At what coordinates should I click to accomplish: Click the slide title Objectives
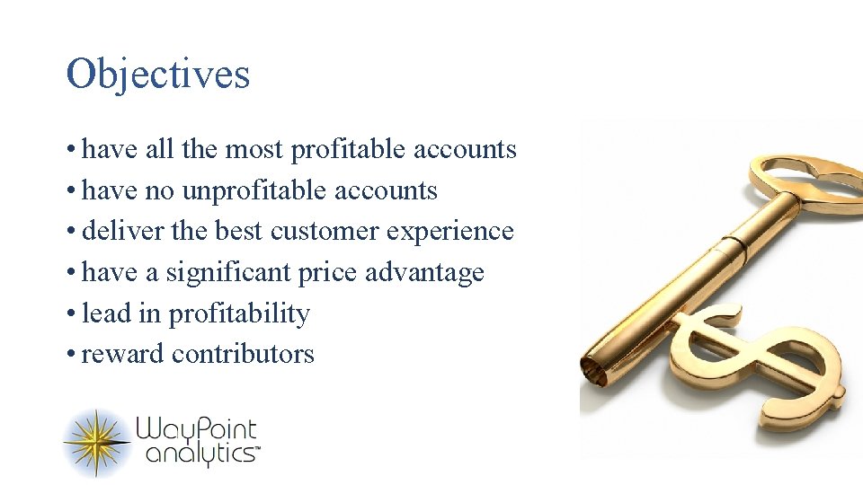(x=158, y=74)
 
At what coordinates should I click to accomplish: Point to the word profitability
(x=239, y=314)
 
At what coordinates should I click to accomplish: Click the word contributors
(x=243, y=355)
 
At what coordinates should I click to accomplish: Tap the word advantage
(x=426, y=273)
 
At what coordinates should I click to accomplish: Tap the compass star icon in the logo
(x=97, y=442)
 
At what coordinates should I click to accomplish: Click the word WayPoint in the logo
(x=196, y=430)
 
